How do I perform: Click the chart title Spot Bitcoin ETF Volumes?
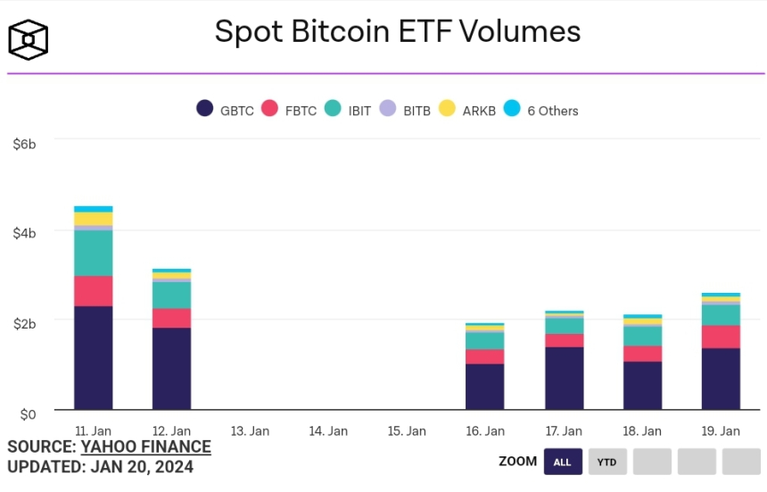(397, 32)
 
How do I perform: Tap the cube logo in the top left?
(28, 39)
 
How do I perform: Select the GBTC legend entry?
(226, 110)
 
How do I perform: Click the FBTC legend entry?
(290, 110)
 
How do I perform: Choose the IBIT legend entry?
(349, 110)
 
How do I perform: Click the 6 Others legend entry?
(541, 110)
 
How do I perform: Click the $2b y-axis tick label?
(24, 323)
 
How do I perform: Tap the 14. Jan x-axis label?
(328, 431)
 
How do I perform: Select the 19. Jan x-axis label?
(721, 431)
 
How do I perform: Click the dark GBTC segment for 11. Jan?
(94, 357)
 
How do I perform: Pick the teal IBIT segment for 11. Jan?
(94, 254)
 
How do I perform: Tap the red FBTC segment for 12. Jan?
(171, 318)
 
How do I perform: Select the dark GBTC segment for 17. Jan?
(564, 378)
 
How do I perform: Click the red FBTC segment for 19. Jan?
(721, 337)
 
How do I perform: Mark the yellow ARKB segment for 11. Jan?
(94, 219)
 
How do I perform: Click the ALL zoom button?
(562, 462)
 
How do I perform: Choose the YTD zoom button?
(607, 462)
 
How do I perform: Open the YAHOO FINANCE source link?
(146, 447)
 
